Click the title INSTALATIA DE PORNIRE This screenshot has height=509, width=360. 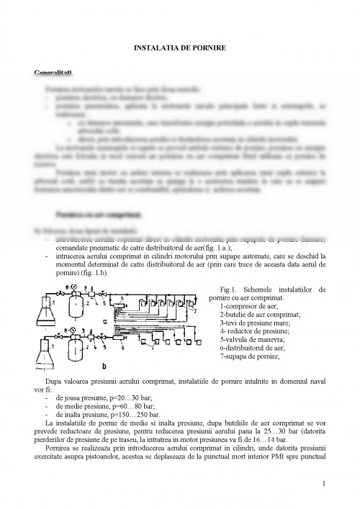click(180, 47)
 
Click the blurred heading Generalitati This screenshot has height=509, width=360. click(53, 73)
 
